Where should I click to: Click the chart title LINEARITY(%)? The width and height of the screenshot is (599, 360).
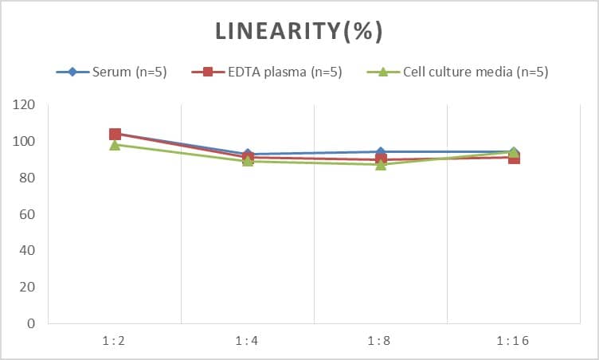point(299,31)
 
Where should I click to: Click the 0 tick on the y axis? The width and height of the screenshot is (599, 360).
point(31,324)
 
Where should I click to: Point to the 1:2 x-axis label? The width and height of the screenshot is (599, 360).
point(114,341)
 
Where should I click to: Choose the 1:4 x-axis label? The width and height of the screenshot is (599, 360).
point(247,341)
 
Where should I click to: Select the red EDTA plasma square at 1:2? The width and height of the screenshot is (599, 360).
point(115,134)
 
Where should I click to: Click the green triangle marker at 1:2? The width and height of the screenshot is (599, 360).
point(115,145)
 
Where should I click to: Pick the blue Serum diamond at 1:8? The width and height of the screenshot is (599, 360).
point(381,151)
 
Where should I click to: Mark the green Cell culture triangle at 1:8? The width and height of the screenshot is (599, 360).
point(381,164)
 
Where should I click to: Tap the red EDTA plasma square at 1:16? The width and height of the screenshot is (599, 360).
point(514,158)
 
